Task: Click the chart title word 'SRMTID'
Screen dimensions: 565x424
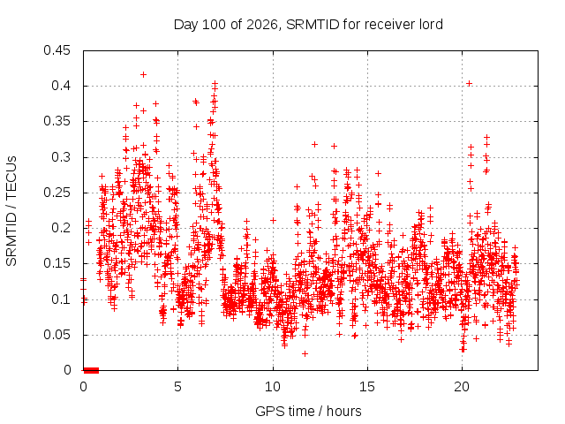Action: (x=313, y=25)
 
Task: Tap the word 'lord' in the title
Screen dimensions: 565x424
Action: (x=431, y=25)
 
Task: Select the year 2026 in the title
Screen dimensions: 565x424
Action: (x=262, y=25)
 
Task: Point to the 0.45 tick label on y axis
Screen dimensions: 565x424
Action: (x=56, y=50)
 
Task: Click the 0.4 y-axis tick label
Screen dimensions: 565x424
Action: (x=61, y=86)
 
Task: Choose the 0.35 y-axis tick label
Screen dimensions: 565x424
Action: (x=56, y=121)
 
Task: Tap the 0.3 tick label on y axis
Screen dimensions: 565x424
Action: (x=61, y=157)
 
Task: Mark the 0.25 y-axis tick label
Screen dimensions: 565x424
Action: (x=56, y=193)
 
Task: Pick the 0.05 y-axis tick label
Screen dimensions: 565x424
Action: (x=56, y=335)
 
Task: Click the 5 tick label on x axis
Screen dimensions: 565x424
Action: (x=177, y=387)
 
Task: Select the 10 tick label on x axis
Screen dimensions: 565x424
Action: (x=273, y=387)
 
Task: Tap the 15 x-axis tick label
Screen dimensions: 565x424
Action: (x=367, y=387)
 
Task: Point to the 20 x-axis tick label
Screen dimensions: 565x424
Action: (x=462, y=387)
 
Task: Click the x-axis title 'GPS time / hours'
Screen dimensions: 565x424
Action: (x=308, y=412)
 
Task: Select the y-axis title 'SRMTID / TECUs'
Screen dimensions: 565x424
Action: (x=11, y=211)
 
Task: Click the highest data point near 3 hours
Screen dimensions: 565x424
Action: (x=143, y=74)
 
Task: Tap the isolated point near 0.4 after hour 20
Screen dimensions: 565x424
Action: (x=469, y=84)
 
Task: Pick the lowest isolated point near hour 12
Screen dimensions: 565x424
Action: (x=305, y=353)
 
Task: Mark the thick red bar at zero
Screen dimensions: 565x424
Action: (x=91, y=370)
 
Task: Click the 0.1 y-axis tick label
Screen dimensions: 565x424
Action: (x=61, y=299)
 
